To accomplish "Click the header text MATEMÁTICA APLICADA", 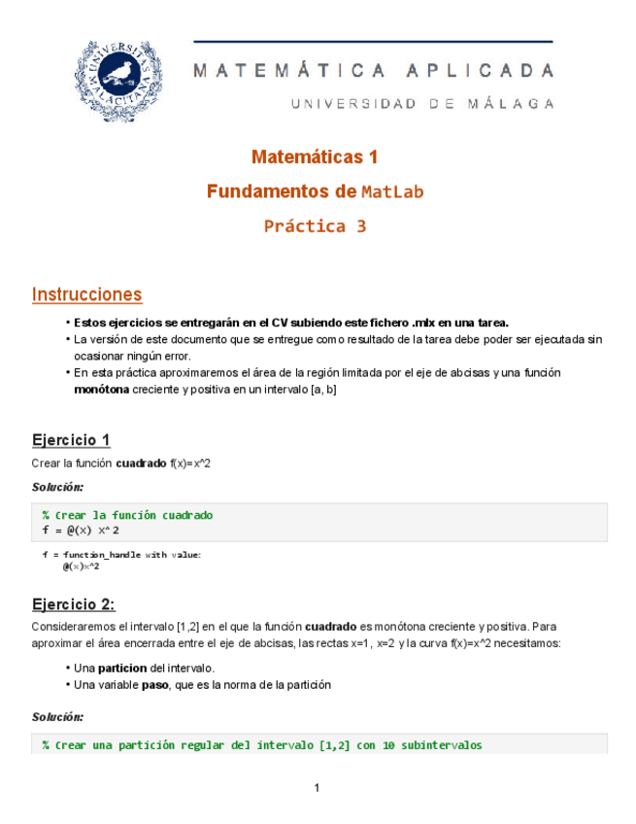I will click(x=374, y=71).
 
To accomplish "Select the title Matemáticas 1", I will click(x=315, y=156).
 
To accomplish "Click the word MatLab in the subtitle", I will click(x=392, y=192).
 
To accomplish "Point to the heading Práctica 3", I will click(x=315, y=226).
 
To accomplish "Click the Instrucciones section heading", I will click(x=86, y=294).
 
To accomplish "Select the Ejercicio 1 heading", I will click(x=71, y=440).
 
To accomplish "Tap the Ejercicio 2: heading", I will click(x=73, y=604).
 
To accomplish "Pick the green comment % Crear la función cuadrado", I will click(x=127, y=515).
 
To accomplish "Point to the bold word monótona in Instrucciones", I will click(x=100, y=389).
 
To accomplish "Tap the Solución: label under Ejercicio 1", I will click(x=57, y=486).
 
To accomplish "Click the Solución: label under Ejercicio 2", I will click(x=57, y=716).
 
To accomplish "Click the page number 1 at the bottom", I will click(x=318, y=787).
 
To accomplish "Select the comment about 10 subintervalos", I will click(x=262, y=745).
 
